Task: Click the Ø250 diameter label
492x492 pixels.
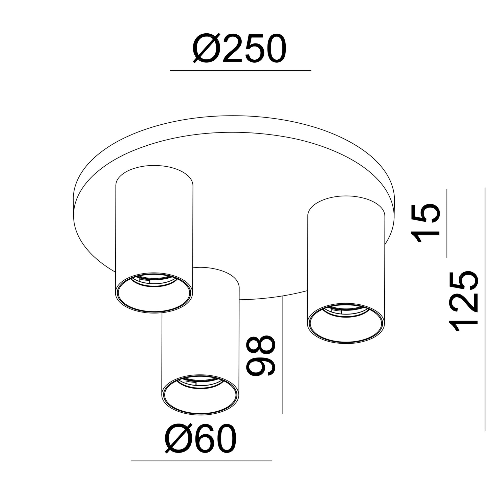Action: [239, 48]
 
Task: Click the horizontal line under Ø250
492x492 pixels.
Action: [241, 70]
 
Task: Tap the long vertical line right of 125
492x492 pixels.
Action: [485, 309]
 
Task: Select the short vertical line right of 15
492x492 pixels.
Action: [447, 223]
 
